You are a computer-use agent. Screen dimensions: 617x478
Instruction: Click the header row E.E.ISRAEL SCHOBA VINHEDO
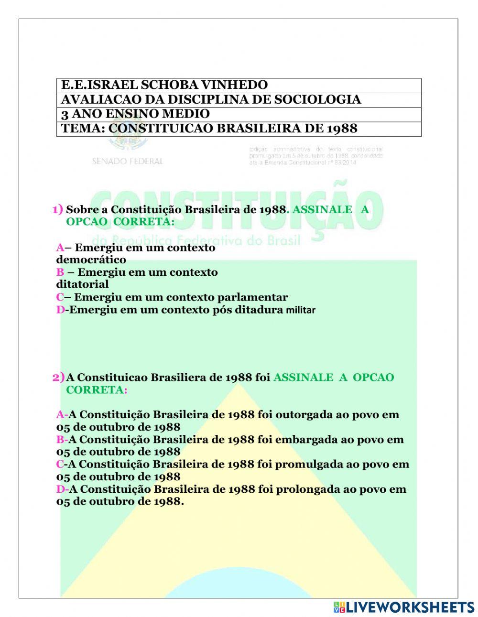164,85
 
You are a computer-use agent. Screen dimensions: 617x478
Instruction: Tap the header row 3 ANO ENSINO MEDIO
135,114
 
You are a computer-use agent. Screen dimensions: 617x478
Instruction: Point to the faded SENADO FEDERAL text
127,162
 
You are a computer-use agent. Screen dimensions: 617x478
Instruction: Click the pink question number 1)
57,209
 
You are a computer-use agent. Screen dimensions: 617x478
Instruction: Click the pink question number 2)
58,377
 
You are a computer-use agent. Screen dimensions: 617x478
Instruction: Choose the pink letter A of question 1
60,248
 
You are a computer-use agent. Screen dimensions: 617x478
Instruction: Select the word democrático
91,260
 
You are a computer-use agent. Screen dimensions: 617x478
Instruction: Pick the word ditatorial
82,284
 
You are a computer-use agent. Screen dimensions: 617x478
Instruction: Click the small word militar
301,310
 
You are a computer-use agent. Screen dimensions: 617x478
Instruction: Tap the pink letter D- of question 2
62,489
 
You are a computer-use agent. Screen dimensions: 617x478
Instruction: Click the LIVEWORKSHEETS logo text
410,607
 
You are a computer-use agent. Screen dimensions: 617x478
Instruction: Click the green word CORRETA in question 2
95,390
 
